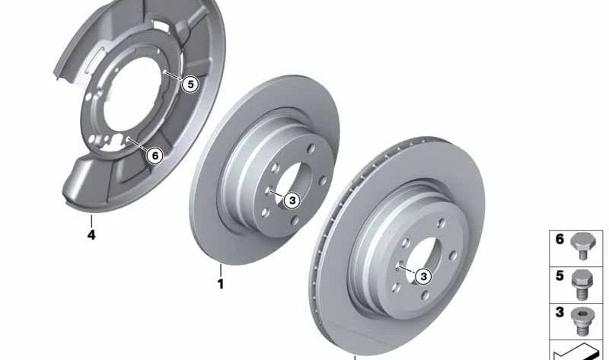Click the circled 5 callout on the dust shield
(190, 84)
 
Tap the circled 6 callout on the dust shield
(155, 156)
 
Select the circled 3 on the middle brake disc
(294, 199)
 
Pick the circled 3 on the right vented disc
(423, 277)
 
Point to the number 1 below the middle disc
(221, 285)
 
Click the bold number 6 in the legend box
(560, 239)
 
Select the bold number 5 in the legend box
(560, 276)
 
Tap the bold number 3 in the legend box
(560, 311)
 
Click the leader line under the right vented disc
(354, 355)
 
